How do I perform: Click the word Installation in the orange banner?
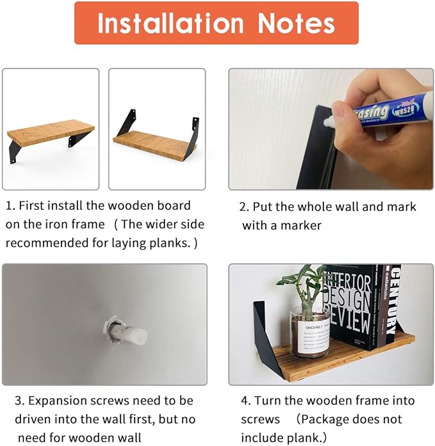click(x=170, y=23)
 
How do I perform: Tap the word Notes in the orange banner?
click(x=297, y=23)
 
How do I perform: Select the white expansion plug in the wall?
click(x=126, y=332)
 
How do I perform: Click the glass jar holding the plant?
click(x=309, y=332)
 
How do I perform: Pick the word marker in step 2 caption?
click(x=301, y=226)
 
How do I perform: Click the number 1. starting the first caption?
click(x=10, y=205)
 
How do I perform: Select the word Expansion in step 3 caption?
click(x=58, y=401)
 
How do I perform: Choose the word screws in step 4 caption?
click(x=261, y=420)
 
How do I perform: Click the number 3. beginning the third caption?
click(x=20, y=401)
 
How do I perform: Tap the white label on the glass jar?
click(x=315, y=338)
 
